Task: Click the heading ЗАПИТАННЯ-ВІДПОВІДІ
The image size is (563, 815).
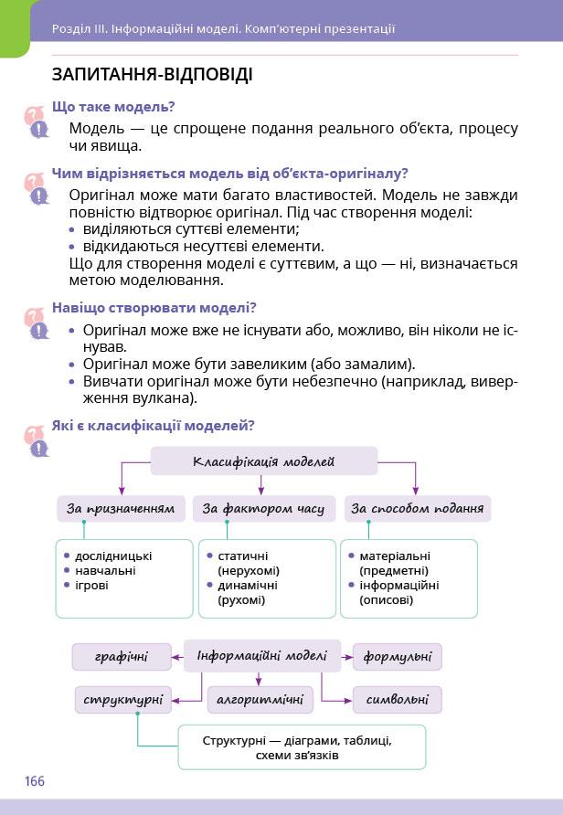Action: point(153,75)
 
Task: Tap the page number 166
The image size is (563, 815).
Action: point(35,781)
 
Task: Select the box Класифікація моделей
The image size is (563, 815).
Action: point(263,461)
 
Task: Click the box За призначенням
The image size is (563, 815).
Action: point(120,509)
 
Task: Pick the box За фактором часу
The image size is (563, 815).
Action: point(263,509)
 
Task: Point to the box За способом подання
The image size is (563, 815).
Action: point(417,509)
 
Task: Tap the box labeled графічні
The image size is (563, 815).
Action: point(122,656)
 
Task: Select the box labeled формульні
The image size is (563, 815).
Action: point(397,656)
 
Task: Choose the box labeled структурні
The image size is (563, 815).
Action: point(122,700)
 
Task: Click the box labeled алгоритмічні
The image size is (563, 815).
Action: point(260,700)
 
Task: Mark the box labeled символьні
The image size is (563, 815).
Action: point(397,700)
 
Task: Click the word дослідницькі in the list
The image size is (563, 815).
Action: point(113,556)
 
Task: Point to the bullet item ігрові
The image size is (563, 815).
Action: point(91,585)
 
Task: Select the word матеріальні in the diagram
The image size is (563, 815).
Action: point(395,556)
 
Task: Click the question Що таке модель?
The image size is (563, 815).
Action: point(113,107)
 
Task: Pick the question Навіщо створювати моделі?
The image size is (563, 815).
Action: point(154,308)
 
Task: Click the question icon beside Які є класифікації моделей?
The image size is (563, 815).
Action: point(37,439)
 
